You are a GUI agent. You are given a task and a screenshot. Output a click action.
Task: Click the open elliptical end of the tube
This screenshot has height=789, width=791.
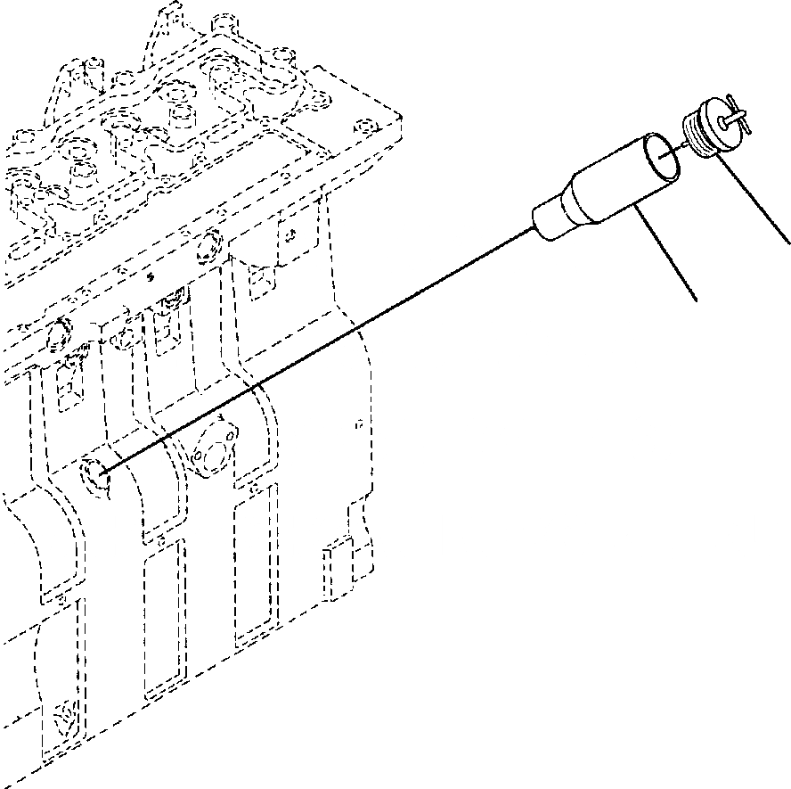click(x=662, y=154)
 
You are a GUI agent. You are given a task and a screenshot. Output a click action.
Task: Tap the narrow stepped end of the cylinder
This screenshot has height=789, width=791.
click(x=547, y=219)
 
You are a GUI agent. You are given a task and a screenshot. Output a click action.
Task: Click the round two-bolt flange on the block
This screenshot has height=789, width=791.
click(x=213, y=446)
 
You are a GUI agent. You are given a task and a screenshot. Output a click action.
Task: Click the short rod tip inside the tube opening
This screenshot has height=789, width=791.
click(x=663, y=153)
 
